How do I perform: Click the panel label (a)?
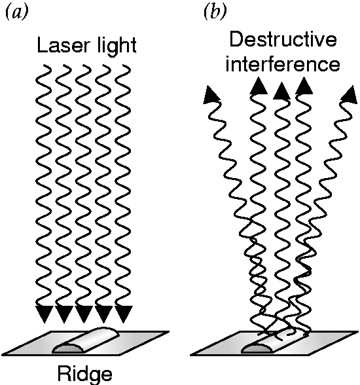[16, 12]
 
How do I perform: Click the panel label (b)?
[215, 12]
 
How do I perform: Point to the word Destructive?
[283, 40]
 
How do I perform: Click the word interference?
[283, 64]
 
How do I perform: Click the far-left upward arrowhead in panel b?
[211, 94]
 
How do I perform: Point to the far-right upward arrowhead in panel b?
[350, 94]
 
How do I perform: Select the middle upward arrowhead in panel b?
[281, 91]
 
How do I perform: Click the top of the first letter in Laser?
[39, 38]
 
